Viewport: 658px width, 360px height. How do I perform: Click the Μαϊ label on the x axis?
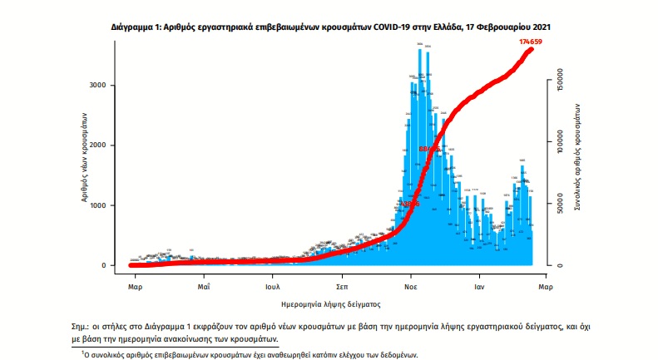click(203, 286)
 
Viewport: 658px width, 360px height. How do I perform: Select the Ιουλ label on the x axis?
click(272, 286)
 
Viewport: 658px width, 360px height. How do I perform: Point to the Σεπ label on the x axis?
click(341, 286)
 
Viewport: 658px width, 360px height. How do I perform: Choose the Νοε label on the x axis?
click(410, 286)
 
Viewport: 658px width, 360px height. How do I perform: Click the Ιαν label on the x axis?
click(479, 286)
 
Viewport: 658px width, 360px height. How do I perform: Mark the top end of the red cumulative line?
click(531, 49)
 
